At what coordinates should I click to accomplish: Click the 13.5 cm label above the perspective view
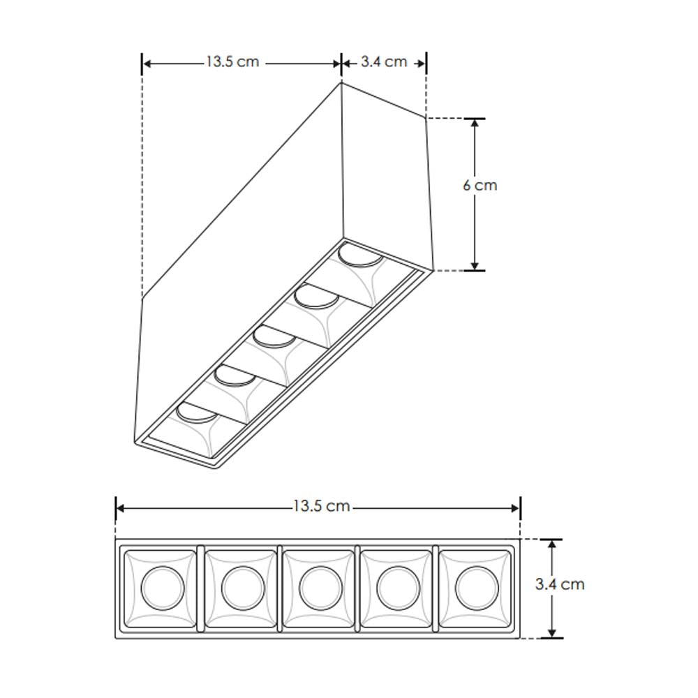tap(232, 62)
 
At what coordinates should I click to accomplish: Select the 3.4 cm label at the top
tap(384, 62)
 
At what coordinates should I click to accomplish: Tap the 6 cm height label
tap(480, 186)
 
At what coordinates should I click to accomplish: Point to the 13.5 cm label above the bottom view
tap(321, 506)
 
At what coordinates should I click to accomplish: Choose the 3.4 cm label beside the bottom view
tap(560, 584)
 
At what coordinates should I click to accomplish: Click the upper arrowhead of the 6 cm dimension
tap(475, 124)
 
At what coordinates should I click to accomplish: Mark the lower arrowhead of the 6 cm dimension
tap(475, 265)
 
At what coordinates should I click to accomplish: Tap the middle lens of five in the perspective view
tap(273, 338)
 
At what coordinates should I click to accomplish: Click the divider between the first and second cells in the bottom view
tap(200, 588)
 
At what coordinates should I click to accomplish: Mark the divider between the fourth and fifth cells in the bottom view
tap(436, 588)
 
